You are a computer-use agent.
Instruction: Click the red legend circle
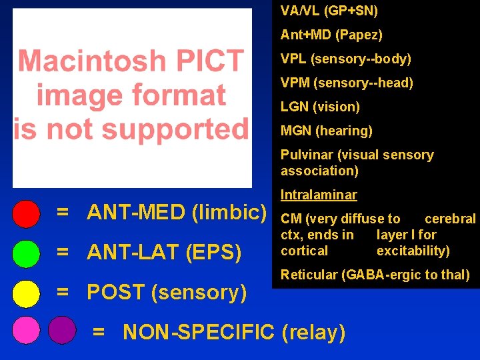point(26,213)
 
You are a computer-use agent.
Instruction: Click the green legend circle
point(26,253)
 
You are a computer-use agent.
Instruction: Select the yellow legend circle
point(26,293)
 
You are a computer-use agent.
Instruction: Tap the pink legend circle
point(26,329)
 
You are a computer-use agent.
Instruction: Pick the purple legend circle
point(62,329)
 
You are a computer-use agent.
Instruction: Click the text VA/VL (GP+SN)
point(329,11)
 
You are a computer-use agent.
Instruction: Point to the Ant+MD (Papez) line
point(331,35)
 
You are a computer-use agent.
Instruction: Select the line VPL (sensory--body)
point(345,59)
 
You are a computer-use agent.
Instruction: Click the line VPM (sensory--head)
point(347,83)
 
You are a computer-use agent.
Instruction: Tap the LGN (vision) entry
point(320,107)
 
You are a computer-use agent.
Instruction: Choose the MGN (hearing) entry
point(326,131)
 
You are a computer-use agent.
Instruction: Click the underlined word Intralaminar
point(319,195)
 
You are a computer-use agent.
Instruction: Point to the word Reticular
point(307,275)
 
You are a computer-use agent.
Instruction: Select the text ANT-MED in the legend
point(137,213)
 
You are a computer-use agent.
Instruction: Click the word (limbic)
point(229,213)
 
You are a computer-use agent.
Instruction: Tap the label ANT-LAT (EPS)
point(164,253)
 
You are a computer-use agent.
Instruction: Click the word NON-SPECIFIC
point(199,331)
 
